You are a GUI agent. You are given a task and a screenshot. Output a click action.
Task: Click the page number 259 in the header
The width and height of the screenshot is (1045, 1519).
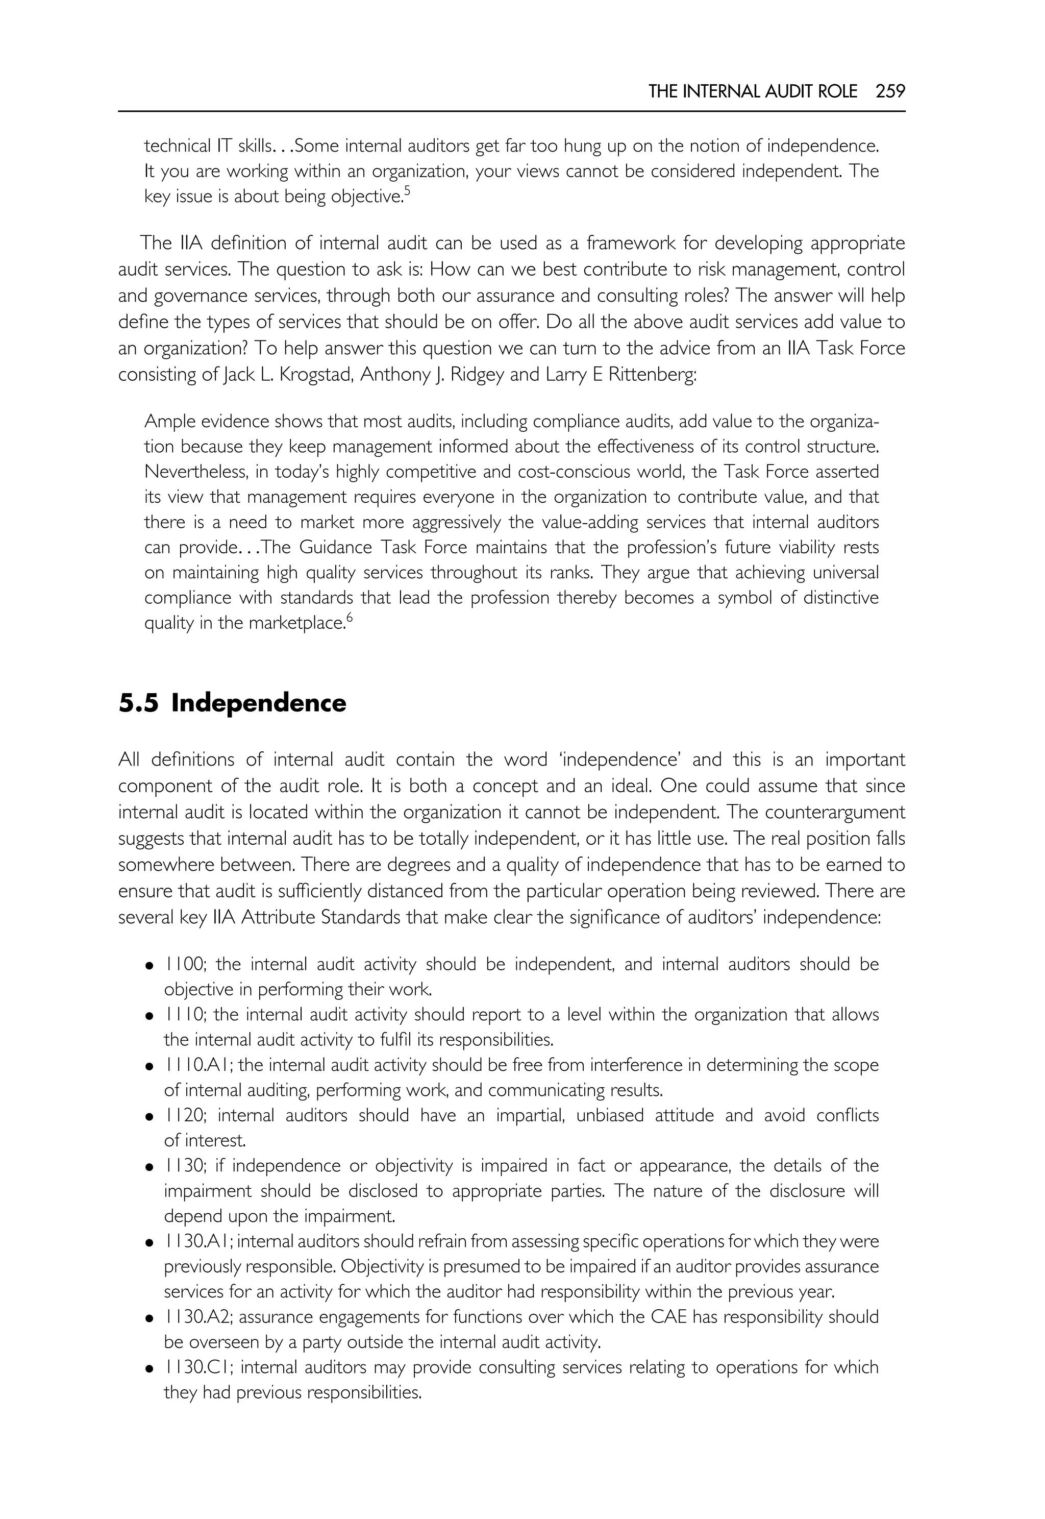point(890,92)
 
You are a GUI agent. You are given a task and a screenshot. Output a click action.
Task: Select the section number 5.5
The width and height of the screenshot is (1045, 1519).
point(138,703)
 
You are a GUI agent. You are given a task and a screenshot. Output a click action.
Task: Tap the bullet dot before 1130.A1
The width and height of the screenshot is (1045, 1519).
point(150,1242)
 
